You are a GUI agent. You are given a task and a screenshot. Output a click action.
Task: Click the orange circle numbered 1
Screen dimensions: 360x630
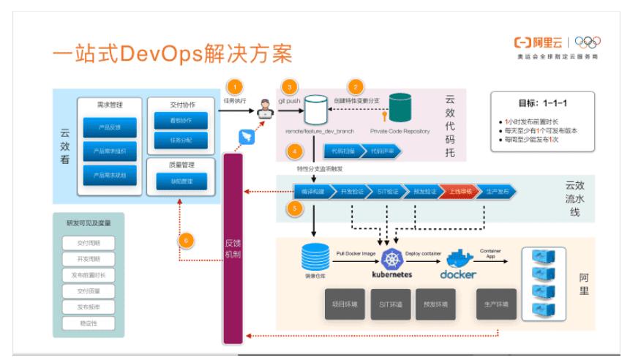(235, 86)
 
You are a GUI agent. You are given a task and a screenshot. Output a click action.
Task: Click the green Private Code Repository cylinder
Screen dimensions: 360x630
(400, 108)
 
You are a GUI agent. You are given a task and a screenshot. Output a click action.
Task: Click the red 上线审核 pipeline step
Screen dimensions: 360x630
(459, 191)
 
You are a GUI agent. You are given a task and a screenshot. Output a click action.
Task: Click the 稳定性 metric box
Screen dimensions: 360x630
(91, 323)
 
